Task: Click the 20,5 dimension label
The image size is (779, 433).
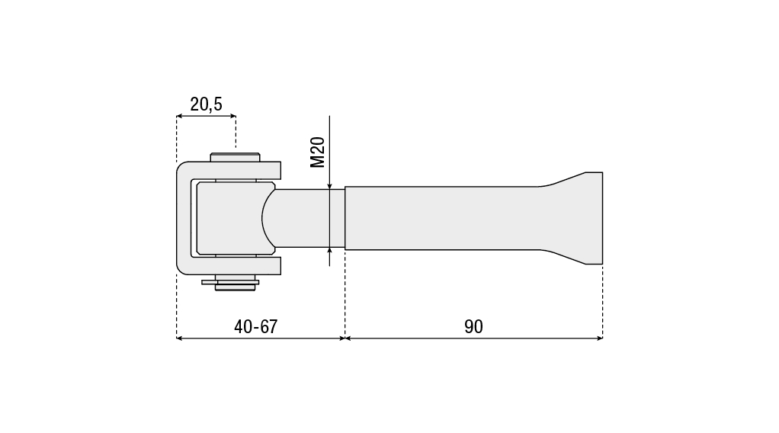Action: point(206,104)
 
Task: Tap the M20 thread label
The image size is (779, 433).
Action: point(317,152)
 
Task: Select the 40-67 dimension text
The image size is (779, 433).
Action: point(256,326)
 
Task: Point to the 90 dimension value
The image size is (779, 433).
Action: point(473,326)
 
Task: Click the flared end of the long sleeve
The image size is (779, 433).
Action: point(582,218)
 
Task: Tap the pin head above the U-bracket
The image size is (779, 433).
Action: point(235,157)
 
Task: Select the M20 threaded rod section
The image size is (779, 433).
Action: point(308,218)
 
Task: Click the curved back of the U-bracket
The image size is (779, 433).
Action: point(184,218)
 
